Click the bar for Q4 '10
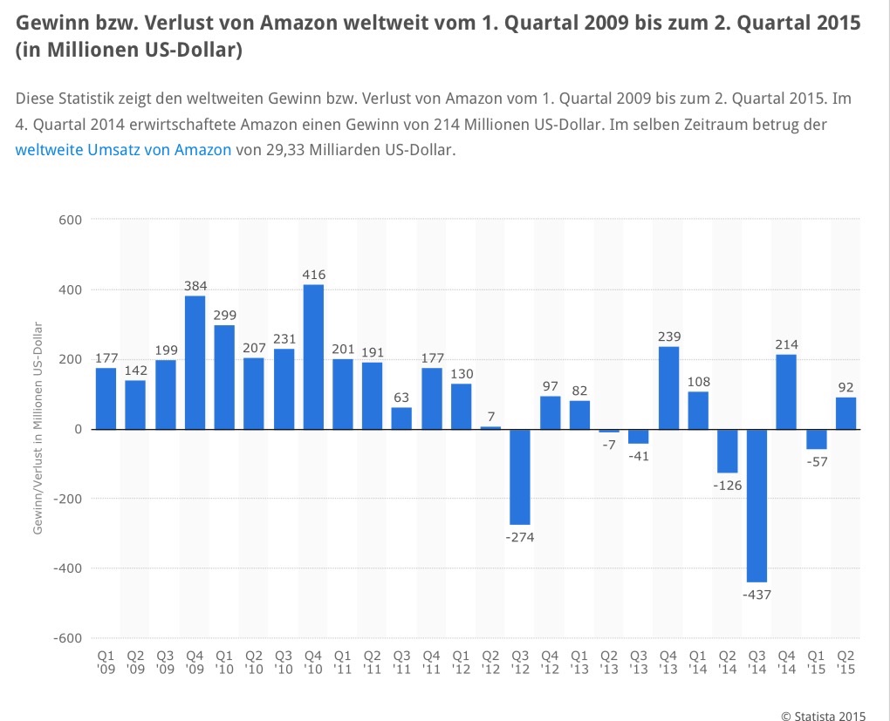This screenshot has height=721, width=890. [x=313, y=357]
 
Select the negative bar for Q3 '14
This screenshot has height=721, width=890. [x=757, y=505]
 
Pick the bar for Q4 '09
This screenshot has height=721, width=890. [x=195, y=363]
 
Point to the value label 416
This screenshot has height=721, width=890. [x=313, y=275]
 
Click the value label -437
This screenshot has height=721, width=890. [x=757, y=595]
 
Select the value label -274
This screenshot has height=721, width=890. [x=520, y=537]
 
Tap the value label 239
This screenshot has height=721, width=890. [x=669, y=337]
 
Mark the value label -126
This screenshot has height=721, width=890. [x=728, y=486]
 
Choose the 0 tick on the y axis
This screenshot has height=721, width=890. [x=78, y=429]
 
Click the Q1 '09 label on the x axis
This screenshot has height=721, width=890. [x=106, y=662]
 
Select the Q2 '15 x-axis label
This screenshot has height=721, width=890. [x=845, y=662]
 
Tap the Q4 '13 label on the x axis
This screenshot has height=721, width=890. [x=668, y=662]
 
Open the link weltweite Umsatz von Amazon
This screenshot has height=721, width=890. [x=124, y=149]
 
